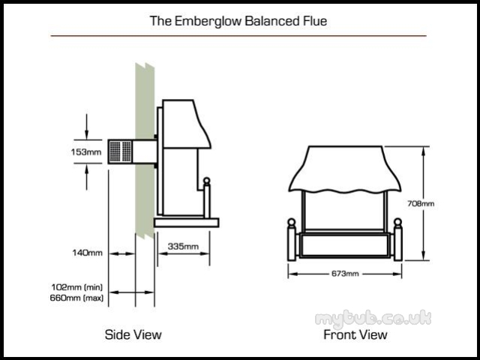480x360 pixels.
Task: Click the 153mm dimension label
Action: [86, 151]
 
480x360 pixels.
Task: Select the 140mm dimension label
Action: [87, 253]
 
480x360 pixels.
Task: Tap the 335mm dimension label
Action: [183, 246]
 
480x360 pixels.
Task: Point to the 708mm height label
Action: [421, 203]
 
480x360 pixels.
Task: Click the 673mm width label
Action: [345, 273]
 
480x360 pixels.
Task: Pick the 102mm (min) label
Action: [76, 287]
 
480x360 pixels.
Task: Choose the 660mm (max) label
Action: [76, 298]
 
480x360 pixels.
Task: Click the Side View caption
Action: [133, 334]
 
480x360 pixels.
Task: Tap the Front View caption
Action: [355, 334]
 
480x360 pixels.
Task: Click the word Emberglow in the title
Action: [208, 21]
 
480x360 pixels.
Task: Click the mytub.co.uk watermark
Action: [373, 318]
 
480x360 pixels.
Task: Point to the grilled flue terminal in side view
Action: [120, 151]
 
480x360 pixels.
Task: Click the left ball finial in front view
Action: [292, 222]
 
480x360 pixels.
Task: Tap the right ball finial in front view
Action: [397, 222]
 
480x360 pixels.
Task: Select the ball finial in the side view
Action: [207, 181]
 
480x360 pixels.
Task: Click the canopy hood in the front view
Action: [345, 169]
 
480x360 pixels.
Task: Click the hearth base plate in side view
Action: [187, 223]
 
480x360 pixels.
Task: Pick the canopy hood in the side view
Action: [187, 124]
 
